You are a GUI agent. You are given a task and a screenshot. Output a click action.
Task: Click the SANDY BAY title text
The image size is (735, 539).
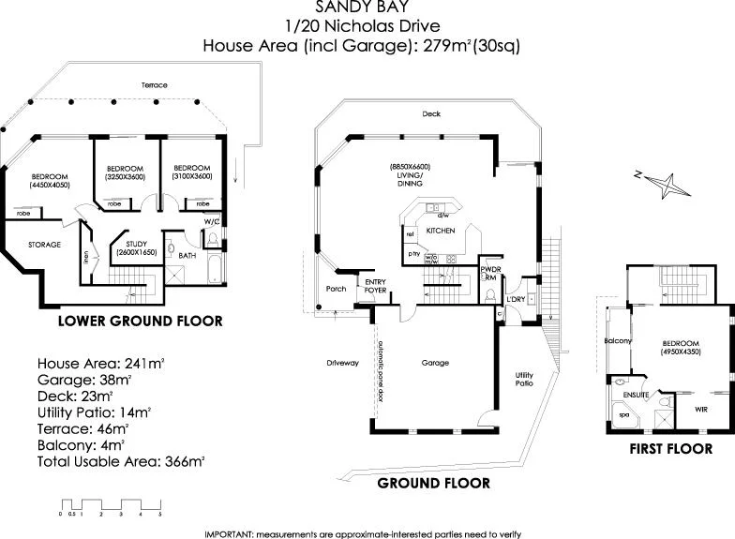pos(367,7)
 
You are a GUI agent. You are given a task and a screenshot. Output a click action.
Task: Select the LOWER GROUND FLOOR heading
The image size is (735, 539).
pos(140,321)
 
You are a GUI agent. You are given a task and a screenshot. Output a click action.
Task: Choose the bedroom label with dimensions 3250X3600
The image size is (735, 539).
pos(125,172)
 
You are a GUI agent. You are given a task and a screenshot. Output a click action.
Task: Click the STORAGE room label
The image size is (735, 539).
pos(43,245)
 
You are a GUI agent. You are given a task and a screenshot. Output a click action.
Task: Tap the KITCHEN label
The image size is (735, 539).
pos(441,231)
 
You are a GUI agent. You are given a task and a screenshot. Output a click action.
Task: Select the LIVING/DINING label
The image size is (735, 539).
pos(410,176)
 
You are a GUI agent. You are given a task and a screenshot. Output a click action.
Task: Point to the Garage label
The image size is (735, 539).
pos(435,362)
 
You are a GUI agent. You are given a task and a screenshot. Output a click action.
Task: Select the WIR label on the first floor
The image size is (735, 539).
pos(699,409)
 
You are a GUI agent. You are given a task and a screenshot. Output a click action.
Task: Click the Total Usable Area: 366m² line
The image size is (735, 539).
pos(121,462)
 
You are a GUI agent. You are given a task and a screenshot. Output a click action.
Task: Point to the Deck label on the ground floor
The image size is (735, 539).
pos(430,114)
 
